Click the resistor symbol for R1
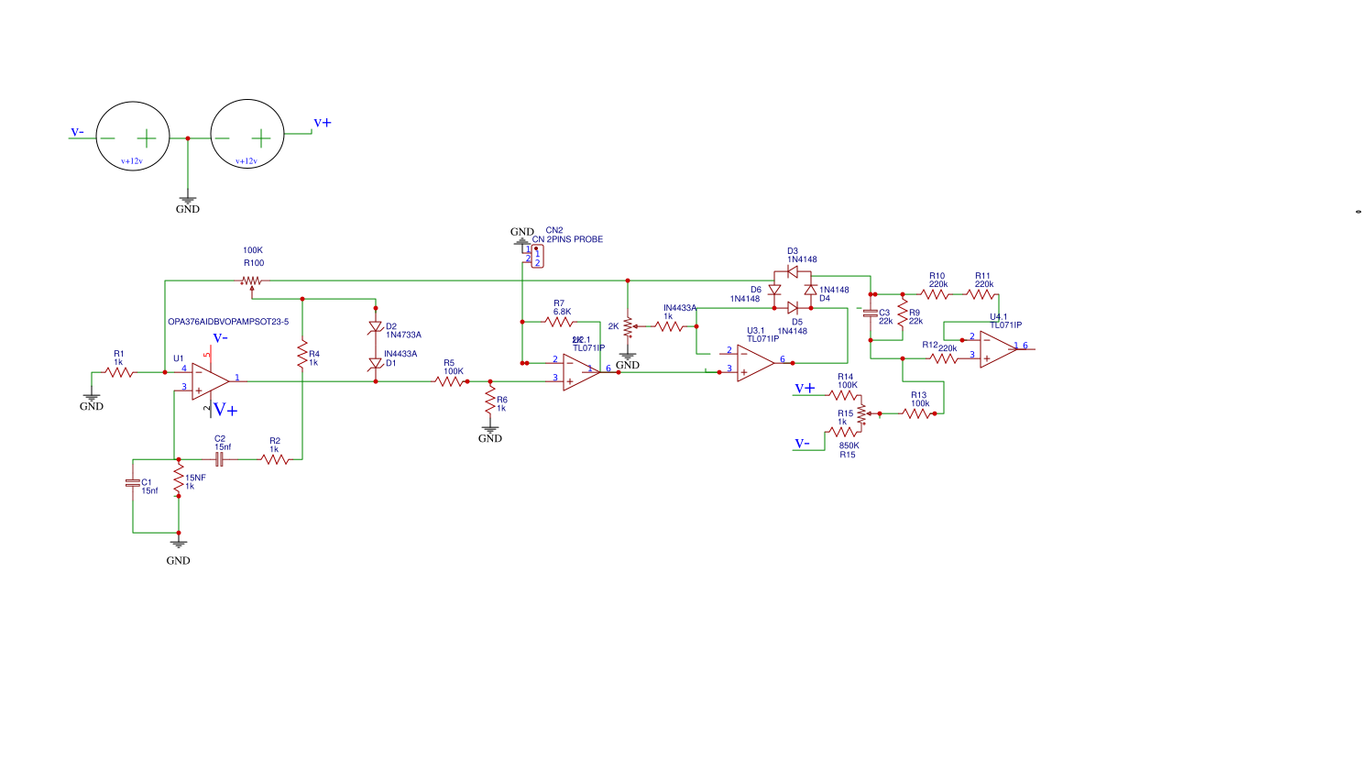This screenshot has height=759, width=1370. [x=119, y=372]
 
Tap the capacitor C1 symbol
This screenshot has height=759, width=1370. [x=133, y=483]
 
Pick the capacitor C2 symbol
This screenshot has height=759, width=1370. [x=219, y=459]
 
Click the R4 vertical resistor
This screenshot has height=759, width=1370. [x=302, y=355]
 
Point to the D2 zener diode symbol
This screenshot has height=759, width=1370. [x=375, y=327]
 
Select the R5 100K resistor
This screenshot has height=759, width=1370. [x=450, y=381]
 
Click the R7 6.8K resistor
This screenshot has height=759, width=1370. [x=559, y=322]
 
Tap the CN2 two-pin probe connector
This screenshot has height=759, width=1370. [x=537, y=256]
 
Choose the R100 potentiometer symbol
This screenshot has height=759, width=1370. [x=252, y=281]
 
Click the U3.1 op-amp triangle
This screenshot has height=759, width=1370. [x=754, y=363]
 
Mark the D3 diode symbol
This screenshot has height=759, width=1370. [x=793, y=271]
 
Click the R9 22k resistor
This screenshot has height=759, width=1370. [x=903, y=316]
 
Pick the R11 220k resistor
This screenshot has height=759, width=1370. [x=981, y=294]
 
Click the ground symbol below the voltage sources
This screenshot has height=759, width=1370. [x=188, y=199]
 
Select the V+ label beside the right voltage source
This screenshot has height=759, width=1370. [x=323, y=123]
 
